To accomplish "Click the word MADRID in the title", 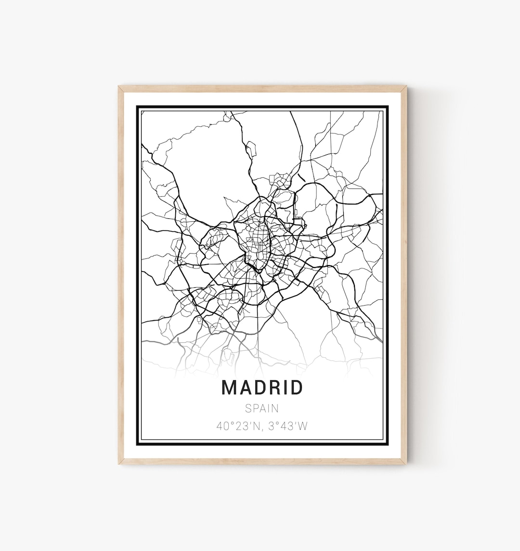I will (x=262, y=387).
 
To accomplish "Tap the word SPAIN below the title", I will (x=262, y=408).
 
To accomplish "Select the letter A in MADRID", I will (x=244, y=387).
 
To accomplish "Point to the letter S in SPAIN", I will (x=248, y=408).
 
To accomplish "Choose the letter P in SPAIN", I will (x=255, y=408).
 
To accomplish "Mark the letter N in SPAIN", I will (x=275, y=408).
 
